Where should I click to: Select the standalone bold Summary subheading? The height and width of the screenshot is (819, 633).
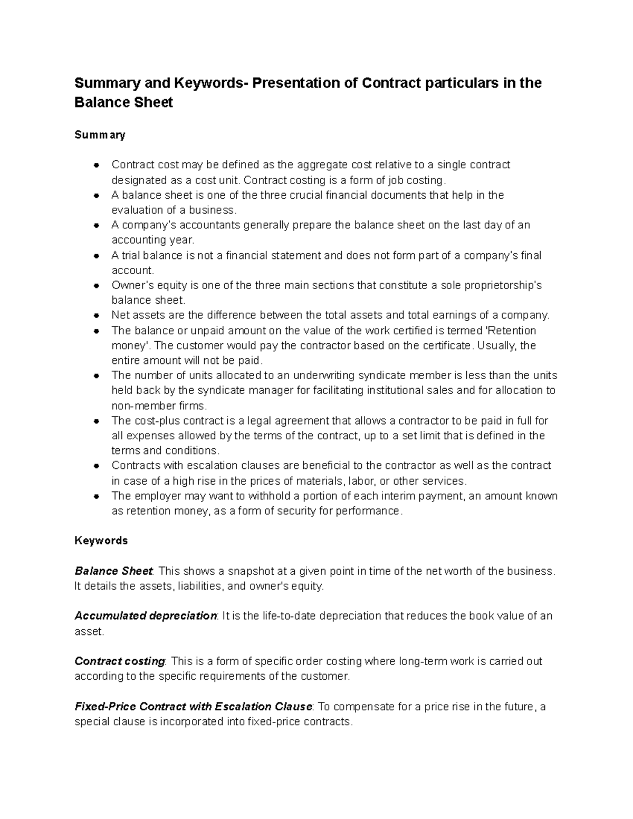pos(100,135)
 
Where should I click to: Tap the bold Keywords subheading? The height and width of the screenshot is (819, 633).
pos(101,541)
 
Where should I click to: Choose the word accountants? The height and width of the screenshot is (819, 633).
pos(206,225)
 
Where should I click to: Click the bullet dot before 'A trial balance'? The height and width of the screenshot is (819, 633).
pos(96,256)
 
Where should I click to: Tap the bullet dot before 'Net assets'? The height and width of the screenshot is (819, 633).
pos(96,316)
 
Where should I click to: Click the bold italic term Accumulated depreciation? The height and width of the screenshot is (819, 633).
pos(146,616)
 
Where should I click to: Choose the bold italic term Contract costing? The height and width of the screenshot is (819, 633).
pos(120,661)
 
